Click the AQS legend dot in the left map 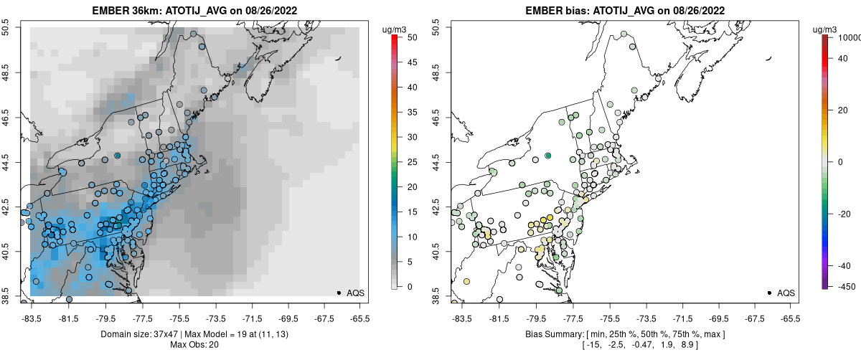click(339, 293)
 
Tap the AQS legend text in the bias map click(786, 293)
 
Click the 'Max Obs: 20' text click(194, 345)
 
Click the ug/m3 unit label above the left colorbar click(395, 29)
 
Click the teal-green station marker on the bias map click(547, 156)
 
